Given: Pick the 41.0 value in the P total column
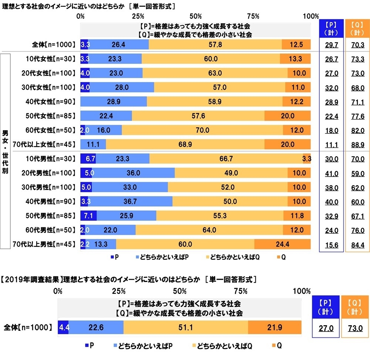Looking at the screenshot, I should (x=331, y=173).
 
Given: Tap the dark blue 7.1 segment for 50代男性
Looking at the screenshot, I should (x=88, y=215).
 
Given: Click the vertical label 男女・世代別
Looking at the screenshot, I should (x=5, y=152).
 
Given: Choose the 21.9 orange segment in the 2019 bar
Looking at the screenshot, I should (x=275, y=327).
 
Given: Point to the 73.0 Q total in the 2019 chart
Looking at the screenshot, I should (x=354, y=327).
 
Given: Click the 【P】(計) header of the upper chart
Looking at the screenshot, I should (x=331, y=28).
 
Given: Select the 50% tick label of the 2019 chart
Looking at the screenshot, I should (x=179, y=291).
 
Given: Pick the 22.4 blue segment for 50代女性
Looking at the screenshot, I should (x=106, y=116).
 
